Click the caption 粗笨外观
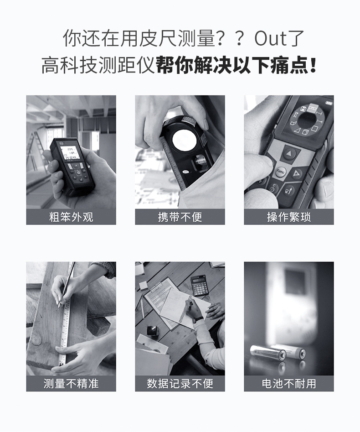(71, 217)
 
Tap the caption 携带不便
(180, 217)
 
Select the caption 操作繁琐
(288, 217)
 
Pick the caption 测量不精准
(71, 384)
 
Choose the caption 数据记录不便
(180, 384)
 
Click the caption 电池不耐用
(288, 384)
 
